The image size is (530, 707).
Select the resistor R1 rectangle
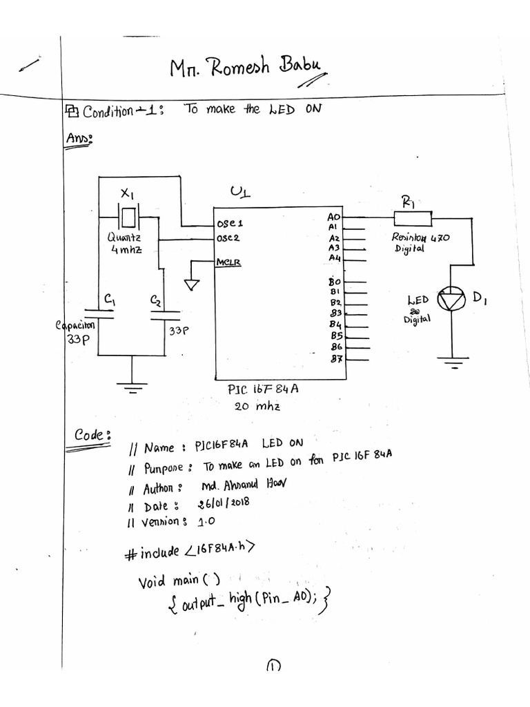coord(412,219)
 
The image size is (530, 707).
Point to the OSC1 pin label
coord(229,224)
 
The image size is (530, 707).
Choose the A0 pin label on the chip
coord(335,217)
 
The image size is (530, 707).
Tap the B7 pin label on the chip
coord(336,358)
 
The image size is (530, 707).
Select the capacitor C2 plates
coord(164,316)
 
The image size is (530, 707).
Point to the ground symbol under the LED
coord(453,362)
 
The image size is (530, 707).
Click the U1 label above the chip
coord(239,191)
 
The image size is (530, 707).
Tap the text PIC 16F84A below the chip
coord(263,389)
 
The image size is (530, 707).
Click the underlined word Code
coord(91,434)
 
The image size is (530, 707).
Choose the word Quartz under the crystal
coord(124,237)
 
